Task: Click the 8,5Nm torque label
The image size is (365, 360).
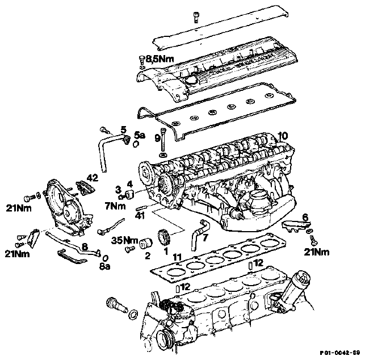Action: click(x=160, y=59)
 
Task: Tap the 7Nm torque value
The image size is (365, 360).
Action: click(x=115, y=206)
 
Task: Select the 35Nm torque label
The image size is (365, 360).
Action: click(x=125, y=240)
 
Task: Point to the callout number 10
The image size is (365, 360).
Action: click(x=283, y=136)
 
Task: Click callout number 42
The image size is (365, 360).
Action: click(x=93, y=178)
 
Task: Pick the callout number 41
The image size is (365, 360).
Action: click(x=140, y=216)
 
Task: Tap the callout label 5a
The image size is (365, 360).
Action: click(x=140, y=135)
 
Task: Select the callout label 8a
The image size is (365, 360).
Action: click(x=104, y=267)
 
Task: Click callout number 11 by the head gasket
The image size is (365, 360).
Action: click(x=177, y=258)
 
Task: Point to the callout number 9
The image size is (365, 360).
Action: click(x=158, y=139)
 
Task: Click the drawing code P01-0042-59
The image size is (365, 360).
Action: click(x=340, y=353)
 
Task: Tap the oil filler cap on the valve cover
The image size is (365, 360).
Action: click(x=191, y=81)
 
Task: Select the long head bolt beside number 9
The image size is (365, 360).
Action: click(x=163, y=139)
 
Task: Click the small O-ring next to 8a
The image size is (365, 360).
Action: click(x=105, y=258)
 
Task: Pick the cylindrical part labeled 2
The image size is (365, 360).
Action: click(x=146, y=243)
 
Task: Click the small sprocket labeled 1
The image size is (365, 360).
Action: click(x=165, y=237)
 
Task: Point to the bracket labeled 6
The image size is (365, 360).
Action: click(x=296, y=227)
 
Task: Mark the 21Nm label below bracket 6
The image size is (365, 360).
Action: click(x=317, y=252)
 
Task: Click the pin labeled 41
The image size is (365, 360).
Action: click(x=141, y=207)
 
